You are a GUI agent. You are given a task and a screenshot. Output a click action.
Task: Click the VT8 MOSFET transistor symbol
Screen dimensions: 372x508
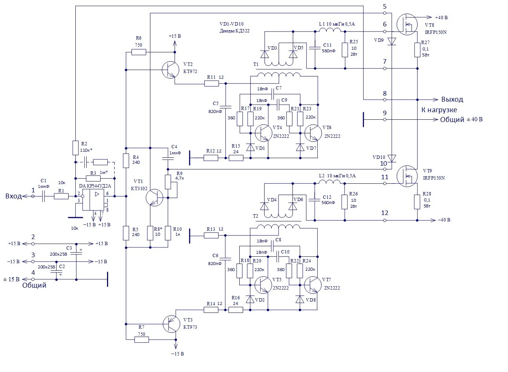tap(407, 24)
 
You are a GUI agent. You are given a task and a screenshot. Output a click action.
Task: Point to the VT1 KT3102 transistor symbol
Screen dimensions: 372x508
tap(154, 197)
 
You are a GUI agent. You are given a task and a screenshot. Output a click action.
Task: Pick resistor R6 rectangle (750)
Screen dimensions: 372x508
tap(139, 52)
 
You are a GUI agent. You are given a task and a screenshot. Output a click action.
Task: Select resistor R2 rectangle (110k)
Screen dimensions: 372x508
tap(75, 148)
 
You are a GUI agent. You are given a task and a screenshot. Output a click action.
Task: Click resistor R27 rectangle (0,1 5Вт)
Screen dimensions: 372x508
tap(417, 50)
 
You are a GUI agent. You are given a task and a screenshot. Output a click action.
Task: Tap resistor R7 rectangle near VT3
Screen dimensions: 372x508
tap(142, 340)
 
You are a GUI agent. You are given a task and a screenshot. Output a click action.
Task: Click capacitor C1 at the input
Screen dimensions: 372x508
tap(44, 196)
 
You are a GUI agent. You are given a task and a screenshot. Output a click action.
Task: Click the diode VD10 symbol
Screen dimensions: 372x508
tap(392, 159)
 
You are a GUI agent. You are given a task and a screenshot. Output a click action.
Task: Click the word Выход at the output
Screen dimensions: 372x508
tap(452, 100)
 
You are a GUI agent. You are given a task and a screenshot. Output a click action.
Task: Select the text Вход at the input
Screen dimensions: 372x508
tap(14, 196)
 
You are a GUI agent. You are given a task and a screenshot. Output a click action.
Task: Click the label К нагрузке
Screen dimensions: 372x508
tap(439, 110)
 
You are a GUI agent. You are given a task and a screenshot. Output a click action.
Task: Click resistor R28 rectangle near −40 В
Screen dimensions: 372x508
tap(417, 202)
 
